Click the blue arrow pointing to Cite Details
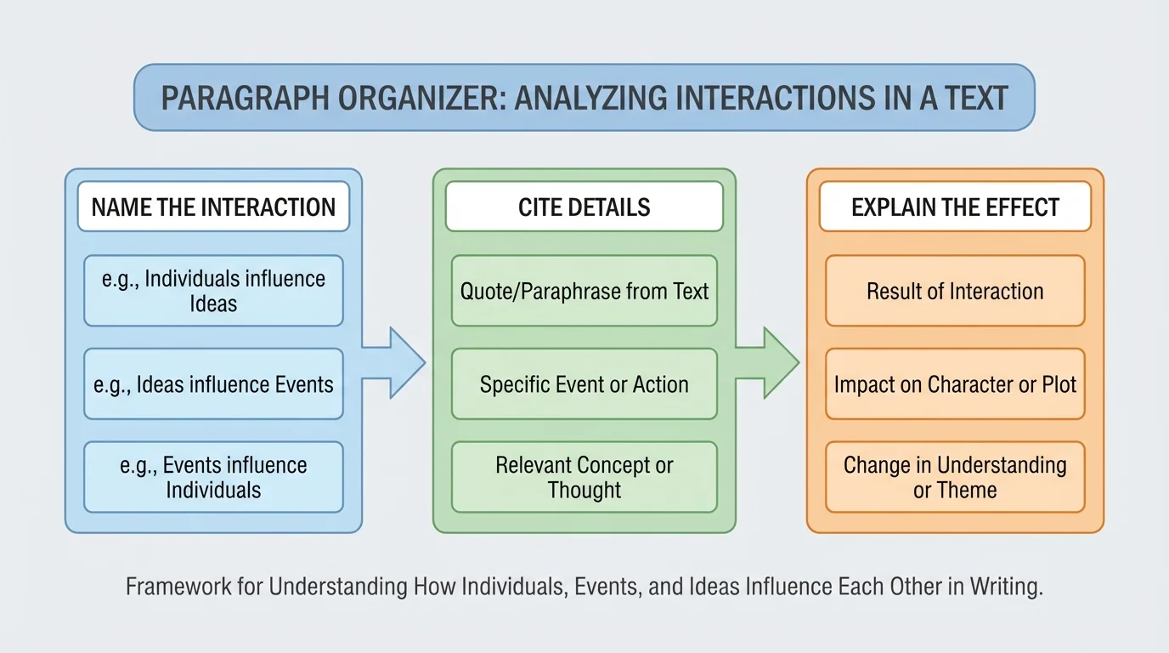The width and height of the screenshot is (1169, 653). click(396, 362)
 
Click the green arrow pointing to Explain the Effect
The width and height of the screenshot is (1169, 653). click(770, 362)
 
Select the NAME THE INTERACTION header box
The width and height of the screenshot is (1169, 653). click(213, 207)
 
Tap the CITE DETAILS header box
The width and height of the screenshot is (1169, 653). click(584, 207)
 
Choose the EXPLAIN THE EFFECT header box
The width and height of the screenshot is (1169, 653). click(955, 207)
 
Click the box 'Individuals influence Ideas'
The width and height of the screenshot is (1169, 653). click(213, 291)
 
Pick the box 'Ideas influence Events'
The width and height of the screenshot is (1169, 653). click(213, 384)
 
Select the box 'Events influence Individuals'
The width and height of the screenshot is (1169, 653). click(213, 477)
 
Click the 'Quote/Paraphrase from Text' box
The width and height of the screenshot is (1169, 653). click(584, 291)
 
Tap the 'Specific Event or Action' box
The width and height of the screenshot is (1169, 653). click(584, 384)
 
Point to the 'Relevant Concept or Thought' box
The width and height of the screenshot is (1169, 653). click(584, 477)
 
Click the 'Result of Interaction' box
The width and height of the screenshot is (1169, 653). click(955, 291)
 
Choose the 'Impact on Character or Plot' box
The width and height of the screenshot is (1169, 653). click(955, 384)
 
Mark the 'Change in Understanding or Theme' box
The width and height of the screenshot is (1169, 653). click(955, 477)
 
